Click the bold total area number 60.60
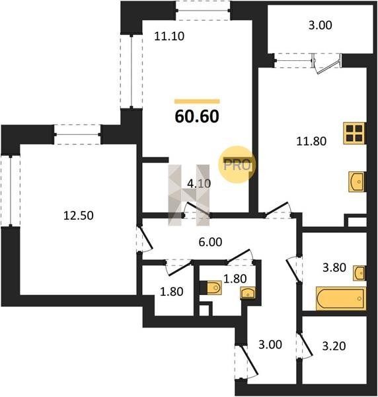point(197,116)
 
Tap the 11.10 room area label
point(169,36)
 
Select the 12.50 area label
point(79,216)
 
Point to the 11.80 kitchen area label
point(311,141)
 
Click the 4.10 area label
point(199,183)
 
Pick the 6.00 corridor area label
point(210,242)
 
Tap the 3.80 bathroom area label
point(334,267)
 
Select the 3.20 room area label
point(334,346)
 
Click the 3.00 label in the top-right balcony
point(321,25)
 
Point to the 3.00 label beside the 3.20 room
point(270,345)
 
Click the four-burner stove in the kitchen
point(354,133)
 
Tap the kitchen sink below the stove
point(357,181)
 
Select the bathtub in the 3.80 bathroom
point(341,298)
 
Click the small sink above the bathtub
point(359,273)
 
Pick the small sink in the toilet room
point(248,293)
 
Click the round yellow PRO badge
point(237,165)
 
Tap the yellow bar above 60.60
point(197,101)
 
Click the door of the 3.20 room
point(305,345)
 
